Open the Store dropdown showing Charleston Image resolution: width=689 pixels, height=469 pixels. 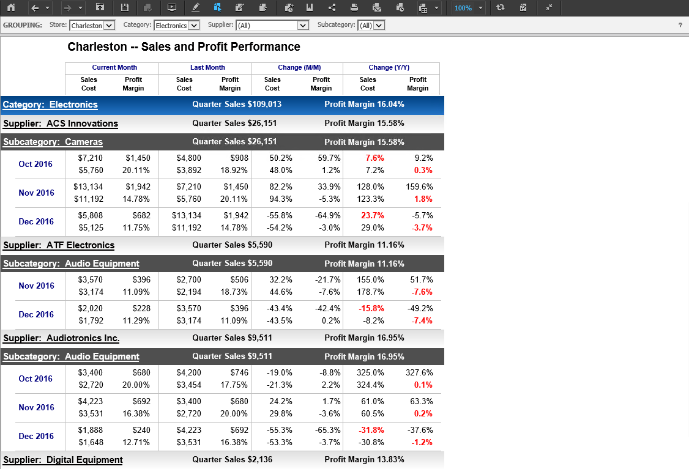coord(92,26)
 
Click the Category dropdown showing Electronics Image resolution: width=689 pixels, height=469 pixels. coord(177,26)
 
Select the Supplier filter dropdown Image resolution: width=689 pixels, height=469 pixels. coord(272,26)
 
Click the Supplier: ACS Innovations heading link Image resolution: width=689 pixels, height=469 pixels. coord(61,124)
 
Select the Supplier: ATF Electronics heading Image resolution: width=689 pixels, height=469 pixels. coord(59,245)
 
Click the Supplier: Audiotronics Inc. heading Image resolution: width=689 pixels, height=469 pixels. coord(61,338)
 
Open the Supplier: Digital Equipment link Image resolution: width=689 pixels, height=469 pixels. coord(63,460)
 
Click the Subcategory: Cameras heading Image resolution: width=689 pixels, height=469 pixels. coord(53,142)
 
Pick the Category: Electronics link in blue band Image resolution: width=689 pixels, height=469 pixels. coord(50,105)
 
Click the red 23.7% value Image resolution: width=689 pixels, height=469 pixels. coord(373,215)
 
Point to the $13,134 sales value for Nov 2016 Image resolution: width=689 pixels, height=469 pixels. coord(88,186)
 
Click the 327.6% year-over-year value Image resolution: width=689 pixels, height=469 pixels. coord(419,372)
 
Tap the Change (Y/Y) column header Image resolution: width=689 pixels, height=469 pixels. coord(389,67)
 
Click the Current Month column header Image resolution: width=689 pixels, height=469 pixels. coord(114,67)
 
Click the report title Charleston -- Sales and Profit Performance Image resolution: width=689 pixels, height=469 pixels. coord(184,47)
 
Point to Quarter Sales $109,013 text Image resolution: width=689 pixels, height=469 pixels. coord(237,105)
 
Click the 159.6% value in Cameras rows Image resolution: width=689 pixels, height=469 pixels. coord(419,186)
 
